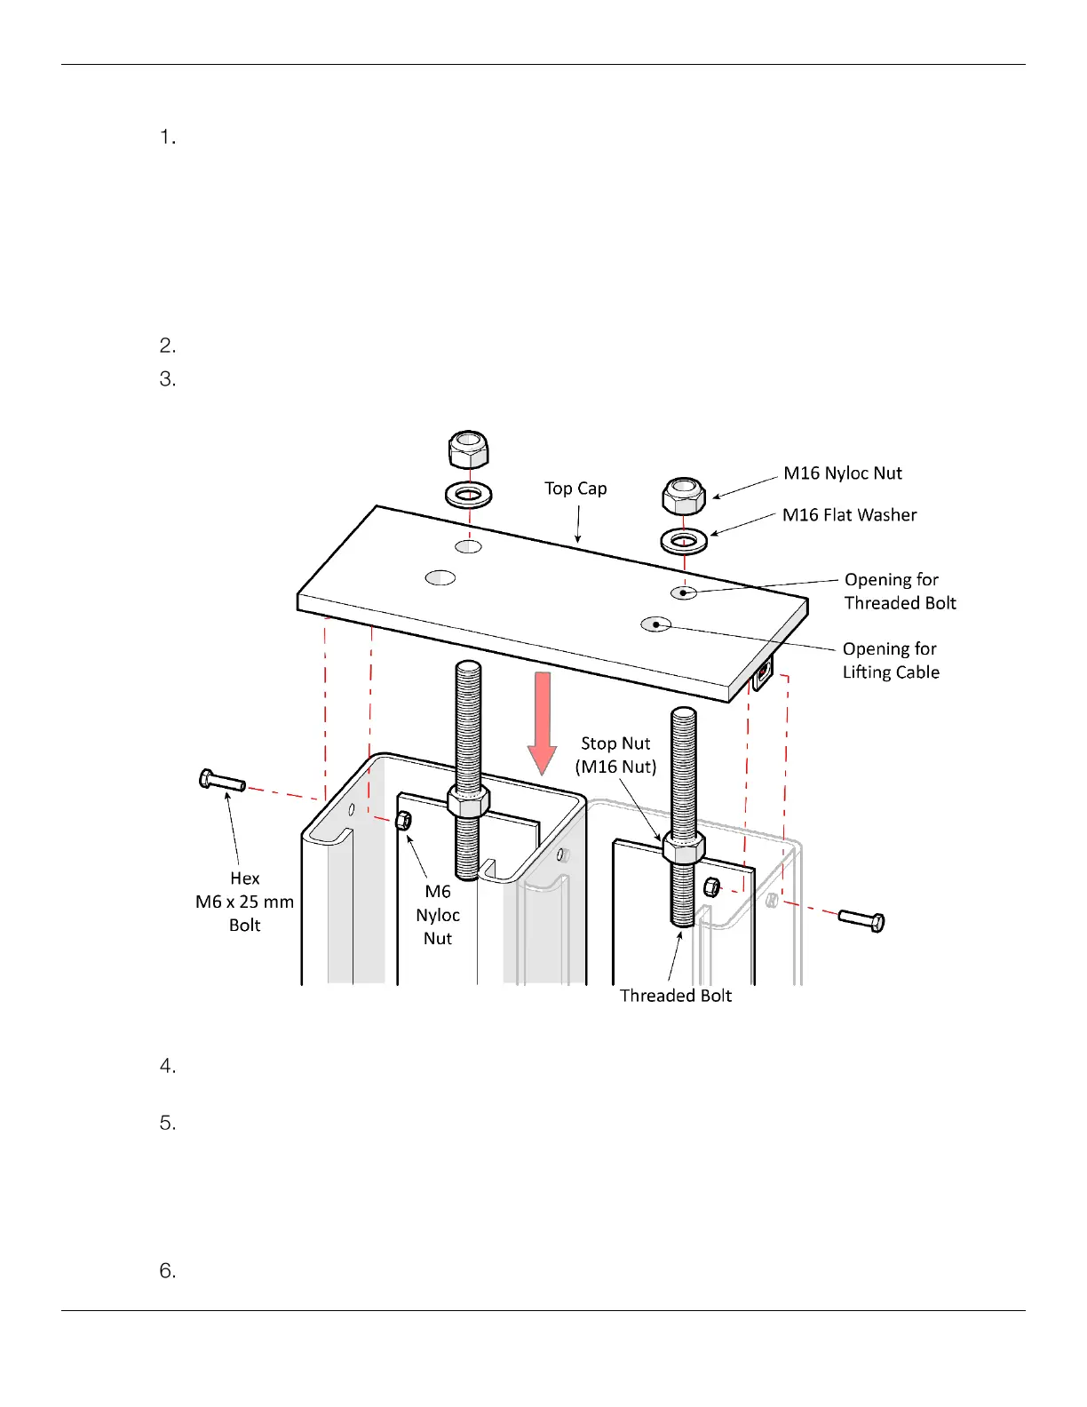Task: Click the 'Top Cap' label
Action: tap(575, 489)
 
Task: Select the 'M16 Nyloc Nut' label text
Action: tap(842, 473)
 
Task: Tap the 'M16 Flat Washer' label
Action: tap(849, 515)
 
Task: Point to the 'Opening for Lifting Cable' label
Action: tap(890, 661)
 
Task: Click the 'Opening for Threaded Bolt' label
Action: tap(900, 592)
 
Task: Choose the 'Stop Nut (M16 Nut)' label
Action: tap(615, 755)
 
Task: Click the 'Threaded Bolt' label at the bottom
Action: tap(675, 996)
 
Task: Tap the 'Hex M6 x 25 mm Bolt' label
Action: tap(244, 902)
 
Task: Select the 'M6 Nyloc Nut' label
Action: tap(438, 915)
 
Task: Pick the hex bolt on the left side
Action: tap(221, 782)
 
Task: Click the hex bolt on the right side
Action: tap(861, 920)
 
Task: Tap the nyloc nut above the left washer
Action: tap(468, 449)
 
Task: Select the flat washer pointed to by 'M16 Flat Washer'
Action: tap(684, 539)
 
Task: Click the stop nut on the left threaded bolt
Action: tap(468, 802)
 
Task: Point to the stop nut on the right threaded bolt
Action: tap(683, 847)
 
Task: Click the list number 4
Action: tap(168, 1066)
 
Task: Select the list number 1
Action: tap(168, 138)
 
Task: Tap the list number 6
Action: tap(168, 1271)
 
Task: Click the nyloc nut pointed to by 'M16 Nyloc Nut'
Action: tap(684, 496)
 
